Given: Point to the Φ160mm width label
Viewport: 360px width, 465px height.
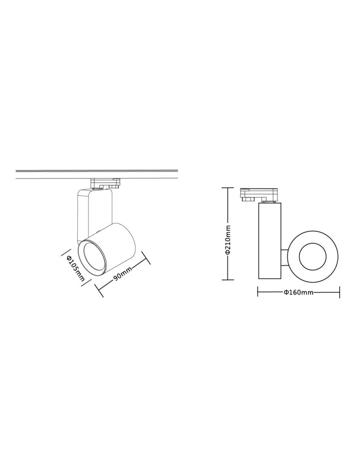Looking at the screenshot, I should tap(298, 292).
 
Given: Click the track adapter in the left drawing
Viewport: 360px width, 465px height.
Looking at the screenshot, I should tap(106, 183).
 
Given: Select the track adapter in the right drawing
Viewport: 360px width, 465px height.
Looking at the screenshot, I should tap(258, 195).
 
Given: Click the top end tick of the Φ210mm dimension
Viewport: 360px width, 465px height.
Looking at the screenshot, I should tap(227, 188).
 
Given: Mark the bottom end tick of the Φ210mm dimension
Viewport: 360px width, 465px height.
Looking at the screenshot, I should tap(227, 280).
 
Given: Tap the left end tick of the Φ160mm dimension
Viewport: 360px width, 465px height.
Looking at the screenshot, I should tap(258, 292).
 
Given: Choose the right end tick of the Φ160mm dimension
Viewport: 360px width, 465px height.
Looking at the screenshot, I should tap(340, 292).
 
